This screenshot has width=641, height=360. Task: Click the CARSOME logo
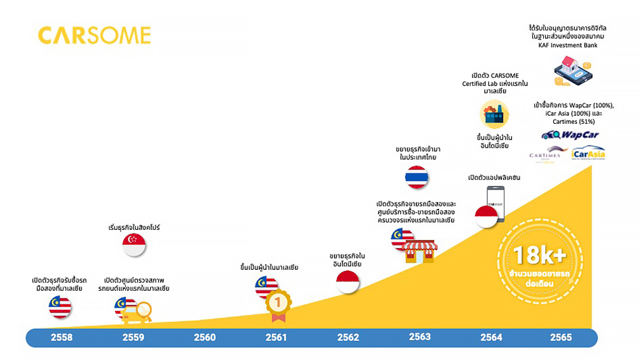(95, 36)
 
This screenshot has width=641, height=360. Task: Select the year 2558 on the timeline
(62, 338)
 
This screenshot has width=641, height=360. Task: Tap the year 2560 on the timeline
(205, 338)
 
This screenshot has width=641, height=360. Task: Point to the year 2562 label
(348, 338)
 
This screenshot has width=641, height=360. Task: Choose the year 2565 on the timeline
(561, 338)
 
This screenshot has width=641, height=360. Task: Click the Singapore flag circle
(134, 244)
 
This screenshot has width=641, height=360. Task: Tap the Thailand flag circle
(417, 177)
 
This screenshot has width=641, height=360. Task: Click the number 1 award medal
(277, 303)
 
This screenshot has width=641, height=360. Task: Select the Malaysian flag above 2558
(60, 307)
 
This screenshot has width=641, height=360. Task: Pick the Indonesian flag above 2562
(347, 281)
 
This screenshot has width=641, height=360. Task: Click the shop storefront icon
(420, 251)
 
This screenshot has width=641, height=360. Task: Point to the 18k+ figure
(539, 256)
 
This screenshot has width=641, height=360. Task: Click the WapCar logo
(570, 135)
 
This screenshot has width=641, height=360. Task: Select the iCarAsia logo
(588, 154)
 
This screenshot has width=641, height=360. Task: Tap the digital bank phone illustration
(571, 70)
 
